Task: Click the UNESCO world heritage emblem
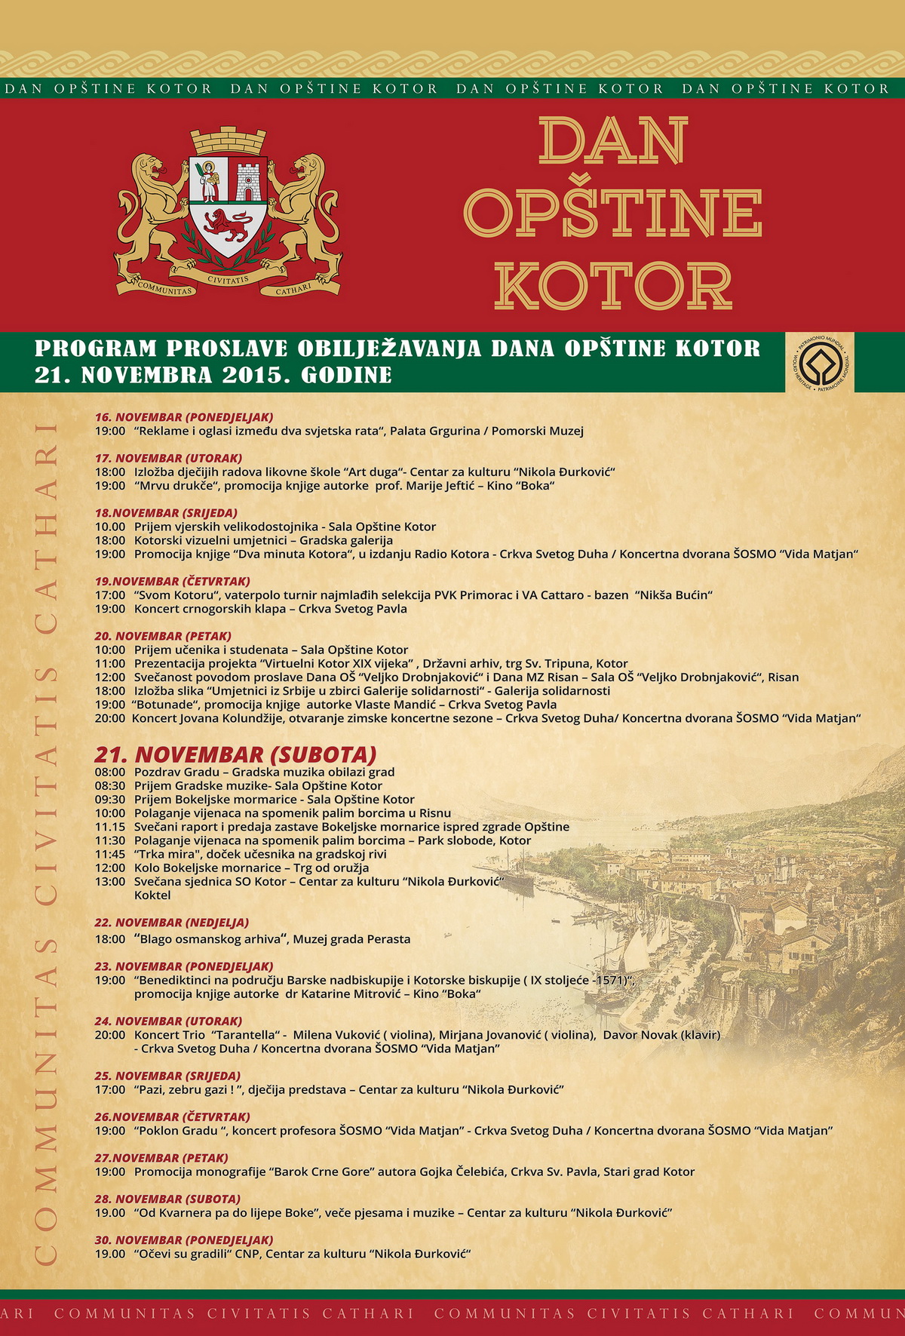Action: [820, 362]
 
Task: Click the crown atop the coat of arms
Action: [229, 141]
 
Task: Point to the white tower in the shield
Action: [248, 182]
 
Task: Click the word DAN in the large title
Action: [613, 141]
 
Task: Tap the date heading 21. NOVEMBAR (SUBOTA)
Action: [235, 754]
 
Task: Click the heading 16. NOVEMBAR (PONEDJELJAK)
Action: [184, 417]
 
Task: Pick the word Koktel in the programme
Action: [152, 895]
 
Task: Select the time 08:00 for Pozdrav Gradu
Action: [110, 772]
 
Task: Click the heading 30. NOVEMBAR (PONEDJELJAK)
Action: [184, 1239]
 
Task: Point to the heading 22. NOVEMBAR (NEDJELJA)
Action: [171, 923]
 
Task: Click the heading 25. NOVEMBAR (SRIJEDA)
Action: [167, 1076]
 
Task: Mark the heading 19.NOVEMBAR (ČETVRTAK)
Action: [173, 582]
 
